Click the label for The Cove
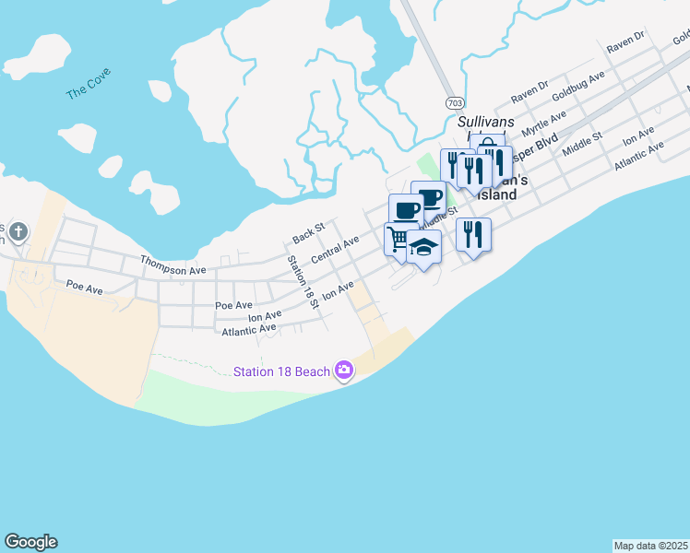[x=88, y=88]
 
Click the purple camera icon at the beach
[x=344, y=371]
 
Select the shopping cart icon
[x=399, y=239]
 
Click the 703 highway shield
[x=454, y=101]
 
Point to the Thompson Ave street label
[x=172, y=265]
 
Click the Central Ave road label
[x=335, y=250]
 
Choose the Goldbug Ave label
[x=577, y=84]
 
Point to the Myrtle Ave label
[x=544, y=121]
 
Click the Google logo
[x=30, y=542]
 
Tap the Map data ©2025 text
[x=650, y=545]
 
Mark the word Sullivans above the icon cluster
[x=485, y=123]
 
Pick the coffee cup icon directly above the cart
[x=406, y=209]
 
